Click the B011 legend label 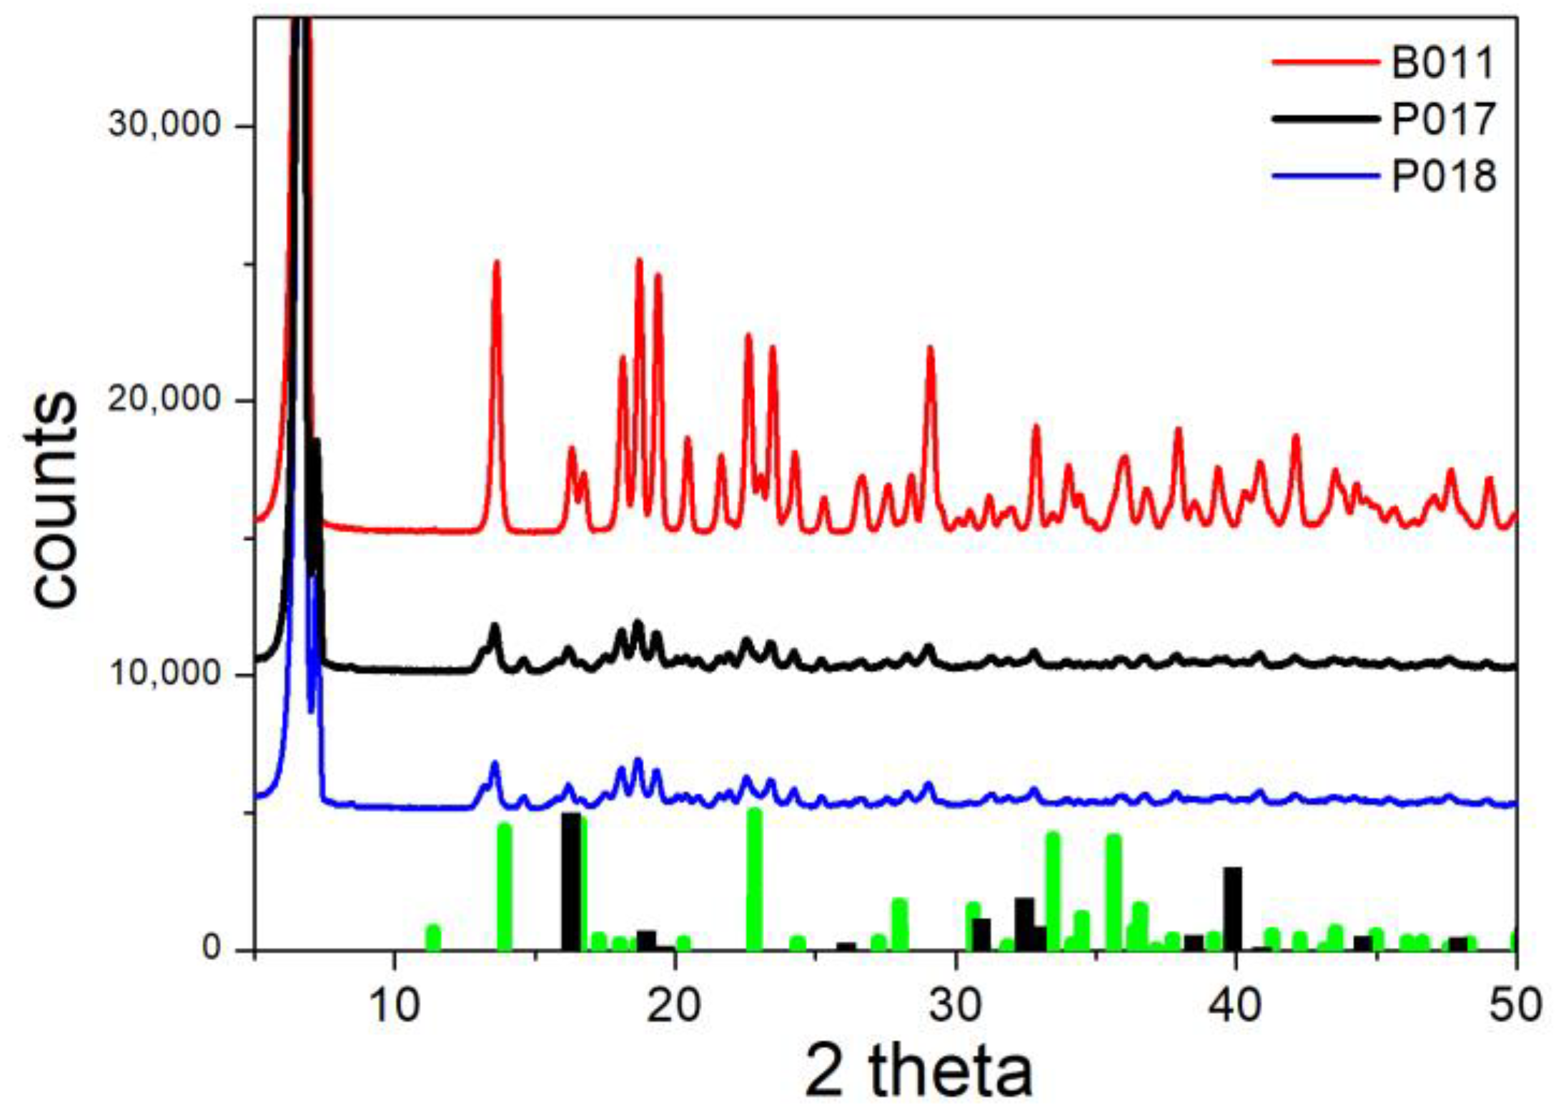pyautogui.click(x=1443, y=63)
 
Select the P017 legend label pyautogui.click(x=1443, y=119)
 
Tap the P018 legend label pyautogui.click(x=1443, y=176)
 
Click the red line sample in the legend pyautogui.click(x=1324, y=62)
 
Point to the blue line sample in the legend pyautogui.click(x=1324, y=175)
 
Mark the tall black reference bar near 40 pyautogui.click(x=1233, y=908)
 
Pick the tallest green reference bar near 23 pyautogui.click(x=755, y=879)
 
